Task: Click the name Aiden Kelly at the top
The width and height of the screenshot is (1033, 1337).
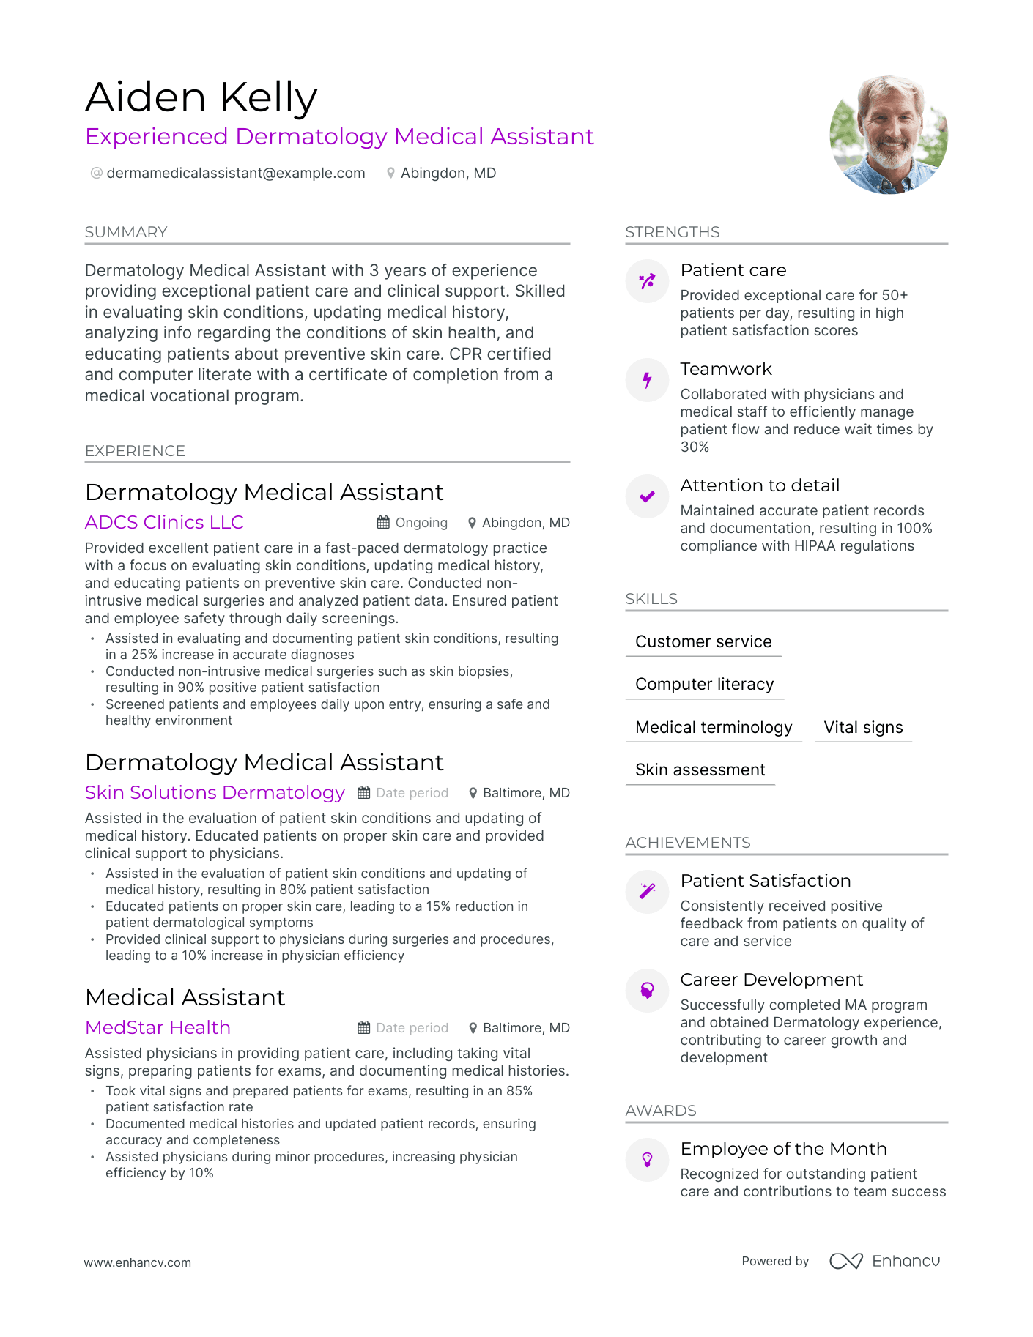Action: coord(201,97)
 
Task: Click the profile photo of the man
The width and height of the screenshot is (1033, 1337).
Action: coord(888,135)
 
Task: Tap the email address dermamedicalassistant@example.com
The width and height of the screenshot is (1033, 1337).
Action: coord(235,174)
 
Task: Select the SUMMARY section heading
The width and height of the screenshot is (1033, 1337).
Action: coord(126,232)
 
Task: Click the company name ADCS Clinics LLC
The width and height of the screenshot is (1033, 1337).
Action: coord(164,522)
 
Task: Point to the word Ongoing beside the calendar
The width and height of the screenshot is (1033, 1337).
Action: coord(421,523)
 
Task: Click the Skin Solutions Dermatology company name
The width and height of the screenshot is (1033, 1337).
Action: coord(215,792)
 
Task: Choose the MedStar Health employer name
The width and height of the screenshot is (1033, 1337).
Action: coord(158,1027)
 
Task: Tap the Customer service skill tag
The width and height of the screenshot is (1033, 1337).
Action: coord(703,642)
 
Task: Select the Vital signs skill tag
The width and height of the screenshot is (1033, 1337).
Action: coord(863,728)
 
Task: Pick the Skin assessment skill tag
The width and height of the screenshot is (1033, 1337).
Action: coord(700,770)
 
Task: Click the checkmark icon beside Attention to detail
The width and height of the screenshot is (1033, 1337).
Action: coord(647,497)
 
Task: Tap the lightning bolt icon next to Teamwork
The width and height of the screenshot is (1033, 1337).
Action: coord(647,380)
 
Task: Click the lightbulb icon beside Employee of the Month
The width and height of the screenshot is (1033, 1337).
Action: coord(647,1160)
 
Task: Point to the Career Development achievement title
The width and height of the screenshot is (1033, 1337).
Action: coord(771,980)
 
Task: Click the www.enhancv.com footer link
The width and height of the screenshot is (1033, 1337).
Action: coord(137,1262)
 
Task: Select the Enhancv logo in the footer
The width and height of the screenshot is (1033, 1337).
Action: coord(884,1261)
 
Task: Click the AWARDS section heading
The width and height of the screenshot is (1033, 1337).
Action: coord(661,1111)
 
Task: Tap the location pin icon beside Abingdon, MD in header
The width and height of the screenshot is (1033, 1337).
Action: coord(391,174)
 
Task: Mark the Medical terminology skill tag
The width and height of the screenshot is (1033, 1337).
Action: coord(714,728)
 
